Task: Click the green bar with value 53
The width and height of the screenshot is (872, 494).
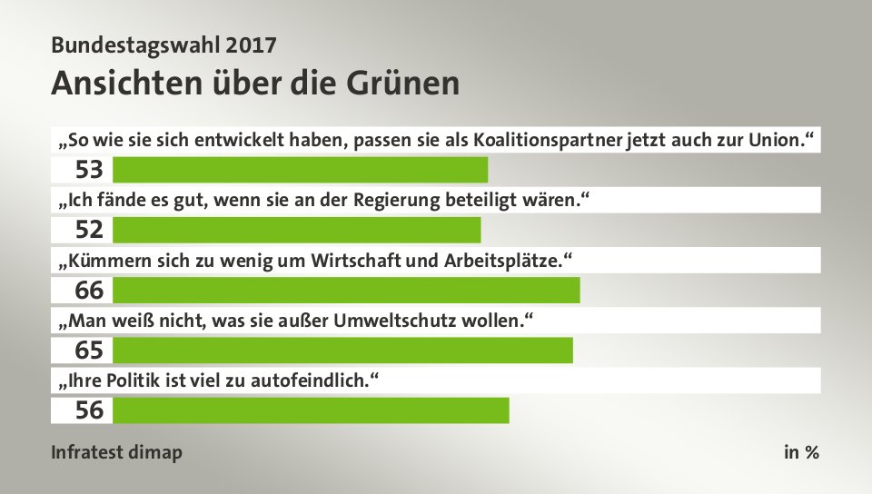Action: (x=300, y=170)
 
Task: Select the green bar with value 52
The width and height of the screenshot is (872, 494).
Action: (x=296, y=230)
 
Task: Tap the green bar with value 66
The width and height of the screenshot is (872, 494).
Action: (x=346, y=290)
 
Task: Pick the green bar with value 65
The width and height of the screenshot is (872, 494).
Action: (x=342, y=350)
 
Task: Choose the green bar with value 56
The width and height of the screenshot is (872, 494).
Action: (x=311, y=410)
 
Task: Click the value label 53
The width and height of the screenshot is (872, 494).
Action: (x=89, y=170)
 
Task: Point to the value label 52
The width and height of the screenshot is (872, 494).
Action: (x=89, y=230)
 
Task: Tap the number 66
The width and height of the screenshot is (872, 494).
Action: (x=89, y=291)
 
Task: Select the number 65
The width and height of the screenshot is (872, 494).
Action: (x=89, y=351)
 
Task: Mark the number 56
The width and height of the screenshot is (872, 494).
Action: (x=89, y=410)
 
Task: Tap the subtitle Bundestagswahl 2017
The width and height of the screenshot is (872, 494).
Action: (x=163, y=44)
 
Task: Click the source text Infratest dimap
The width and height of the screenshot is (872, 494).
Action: (x=116, y=452)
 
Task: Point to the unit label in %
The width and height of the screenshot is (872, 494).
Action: (x=801, y=452)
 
